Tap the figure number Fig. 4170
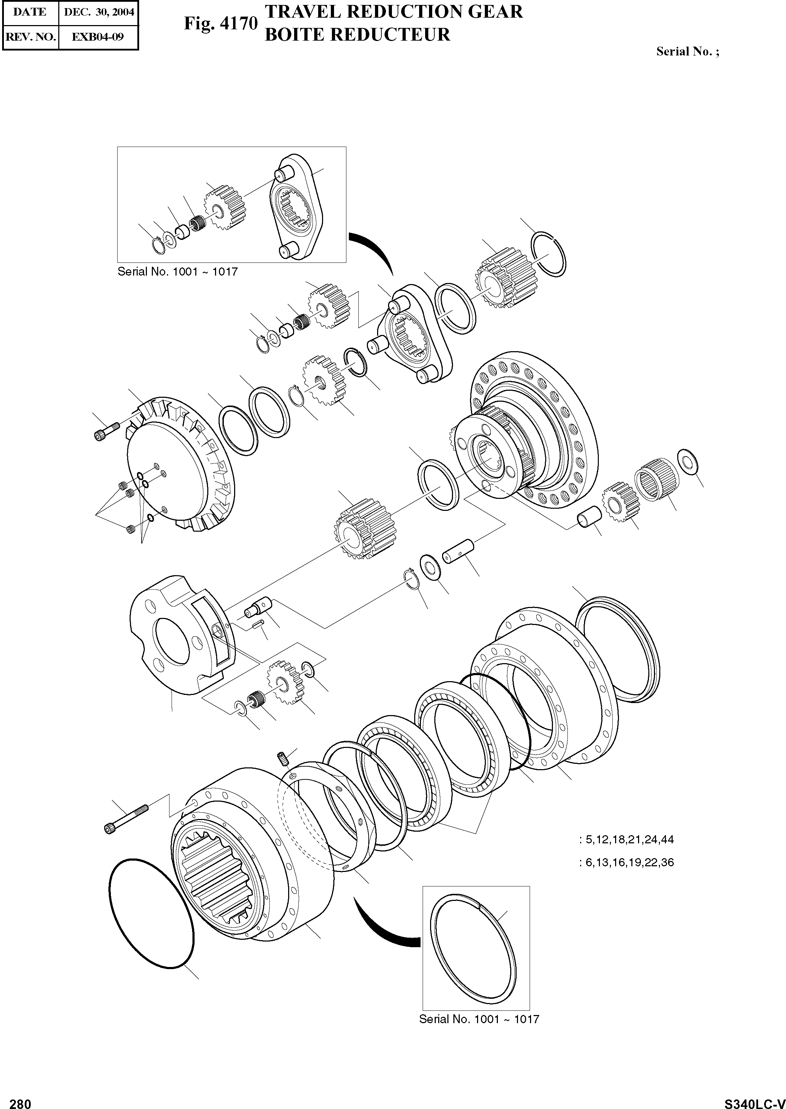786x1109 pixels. (220, 24)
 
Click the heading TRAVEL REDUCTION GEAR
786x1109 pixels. (394, 11)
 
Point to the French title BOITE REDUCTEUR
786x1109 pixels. (358, 34)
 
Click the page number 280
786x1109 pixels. (20, 1100)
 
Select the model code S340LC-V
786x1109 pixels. (754, 1100)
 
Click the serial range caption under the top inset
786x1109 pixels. (178, 272)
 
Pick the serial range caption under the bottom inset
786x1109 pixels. (479, 1019)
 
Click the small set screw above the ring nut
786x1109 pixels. (283, 759)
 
